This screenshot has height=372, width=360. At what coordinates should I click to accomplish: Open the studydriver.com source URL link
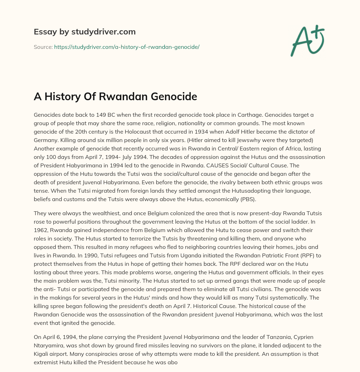(x=127, y=47)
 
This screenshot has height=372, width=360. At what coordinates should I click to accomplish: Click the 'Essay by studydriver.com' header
(x=84, y=32)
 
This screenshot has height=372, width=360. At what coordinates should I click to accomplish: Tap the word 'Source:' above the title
(x=43, y=47)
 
